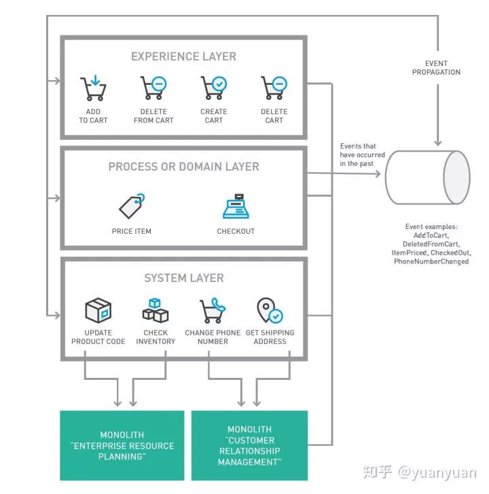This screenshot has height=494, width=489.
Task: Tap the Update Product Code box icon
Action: tap(98, 310)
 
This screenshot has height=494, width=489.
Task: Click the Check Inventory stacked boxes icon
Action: tap(156, 311)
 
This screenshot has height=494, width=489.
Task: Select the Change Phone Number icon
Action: tap(213, 311)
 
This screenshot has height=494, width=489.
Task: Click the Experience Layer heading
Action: tap(184, 56)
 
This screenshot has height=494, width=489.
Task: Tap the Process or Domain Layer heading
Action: tap(184, 166)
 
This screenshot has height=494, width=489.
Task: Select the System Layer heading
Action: tap(184, 278)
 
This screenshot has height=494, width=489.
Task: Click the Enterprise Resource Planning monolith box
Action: tap(122, 445)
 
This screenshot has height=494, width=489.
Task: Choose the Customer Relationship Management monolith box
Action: tap(249, 445)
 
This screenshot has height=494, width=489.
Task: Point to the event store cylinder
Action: tap(427, 177)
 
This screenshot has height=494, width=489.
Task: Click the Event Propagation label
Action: tap(436, 68)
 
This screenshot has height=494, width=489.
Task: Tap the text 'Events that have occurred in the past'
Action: tap(363, 154)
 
